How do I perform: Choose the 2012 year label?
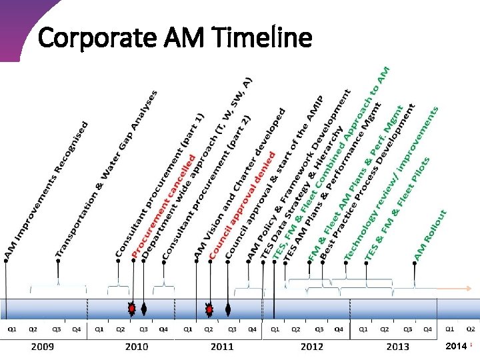(311, 347)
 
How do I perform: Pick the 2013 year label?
(398, 347)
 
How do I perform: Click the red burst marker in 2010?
(132, 309)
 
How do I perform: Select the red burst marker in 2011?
(209, 309)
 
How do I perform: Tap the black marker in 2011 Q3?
(229, 309)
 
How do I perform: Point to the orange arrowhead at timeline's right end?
(469, 289)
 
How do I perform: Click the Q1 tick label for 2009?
(12, 329)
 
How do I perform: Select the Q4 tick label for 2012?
(339, 329)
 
